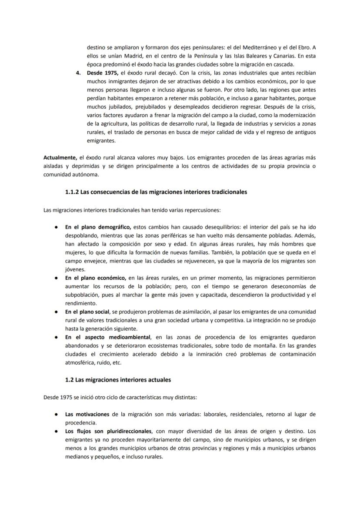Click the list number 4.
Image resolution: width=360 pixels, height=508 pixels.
79,73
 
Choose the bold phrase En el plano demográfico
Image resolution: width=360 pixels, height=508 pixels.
98,226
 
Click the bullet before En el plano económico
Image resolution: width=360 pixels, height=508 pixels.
57,277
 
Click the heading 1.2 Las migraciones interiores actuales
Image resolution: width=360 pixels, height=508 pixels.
117,380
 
